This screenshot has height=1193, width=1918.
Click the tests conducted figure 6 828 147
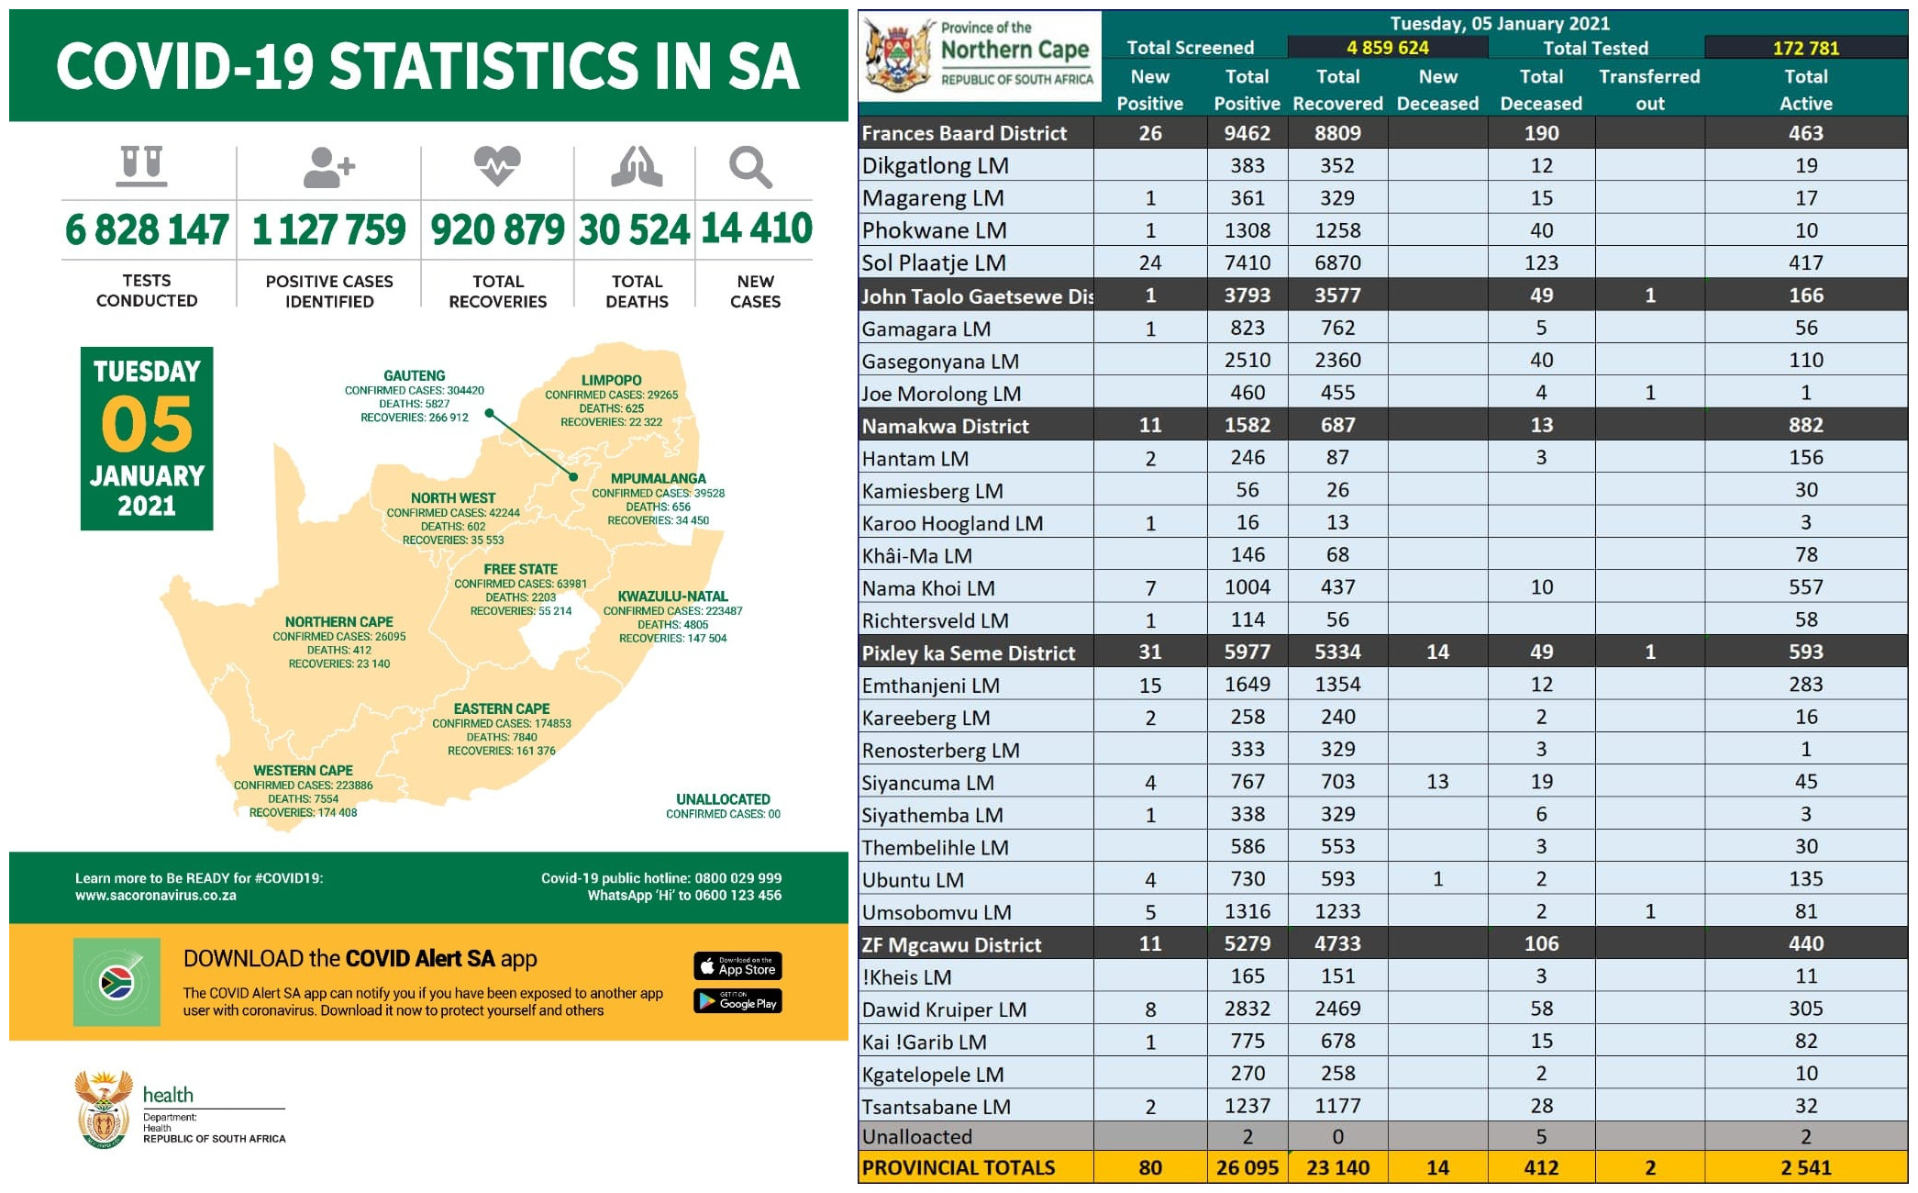[x=147, y=229]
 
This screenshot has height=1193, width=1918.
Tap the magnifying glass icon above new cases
[x=750, y=168]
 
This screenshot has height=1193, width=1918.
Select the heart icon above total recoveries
[x=497, y=166]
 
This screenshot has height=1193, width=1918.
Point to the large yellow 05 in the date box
[x=147, y=424]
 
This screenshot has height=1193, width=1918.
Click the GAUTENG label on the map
[x=415, y=375]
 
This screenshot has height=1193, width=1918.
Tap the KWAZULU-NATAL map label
[x=672, y=596]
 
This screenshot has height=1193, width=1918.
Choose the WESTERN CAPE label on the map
[x=303, y=771]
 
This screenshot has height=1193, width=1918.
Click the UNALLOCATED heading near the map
[x=723, y=799]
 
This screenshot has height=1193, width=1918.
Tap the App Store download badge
[x=737, y=966]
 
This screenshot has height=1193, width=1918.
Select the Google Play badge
[x=737, y=1001]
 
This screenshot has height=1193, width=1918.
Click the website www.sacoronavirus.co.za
[x=156, y=896]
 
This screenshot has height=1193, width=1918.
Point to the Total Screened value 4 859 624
[x=1387, y=48]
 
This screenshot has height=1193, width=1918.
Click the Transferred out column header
[x=1649, y=90]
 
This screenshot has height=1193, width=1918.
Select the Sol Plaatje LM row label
[x=934, y=263]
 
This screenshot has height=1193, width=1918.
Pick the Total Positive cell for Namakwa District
[x=1247, y=426]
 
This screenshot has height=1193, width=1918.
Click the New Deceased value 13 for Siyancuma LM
[x=1437, y=782]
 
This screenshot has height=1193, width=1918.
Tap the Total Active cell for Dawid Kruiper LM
[x=1805, y=1009]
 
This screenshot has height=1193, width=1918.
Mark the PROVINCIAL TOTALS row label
[x=959, y=1168]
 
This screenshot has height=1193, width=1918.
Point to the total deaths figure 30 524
[x=634, y=229]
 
